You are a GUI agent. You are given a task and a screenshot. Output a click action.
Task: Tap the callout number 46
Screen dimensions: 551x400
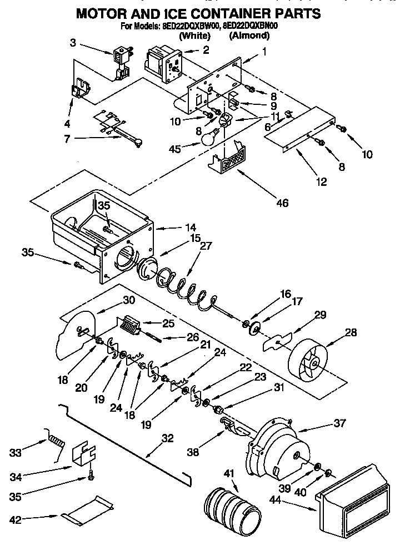pyautogui.click(x=282, y=203)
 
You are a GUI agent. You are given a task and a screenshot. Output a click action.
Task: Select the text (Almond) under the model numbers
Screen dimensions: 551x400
pyautogui.click(x=249, y=36)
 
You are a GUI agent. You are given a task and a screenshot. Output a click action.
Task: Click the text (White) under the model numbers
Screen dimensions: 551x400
pyautogui.click(x=194, y=36)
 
